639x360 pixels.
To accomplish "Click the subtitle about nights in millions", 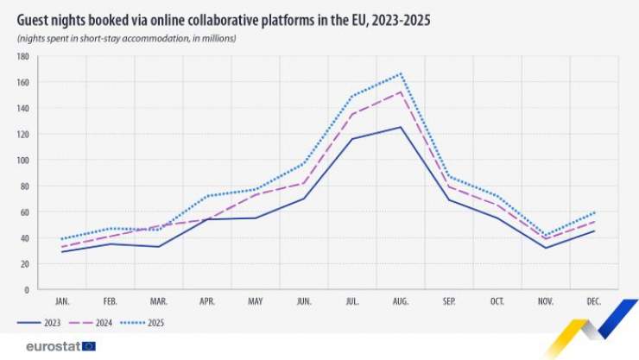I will pos(126,40).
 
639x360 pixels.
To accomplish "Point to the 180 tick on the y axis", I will pos(23,57).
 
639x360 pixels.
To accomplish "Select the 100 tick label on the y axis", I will pos(23,161).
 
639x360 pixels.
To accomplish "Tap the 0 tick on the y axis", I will pos(28,290).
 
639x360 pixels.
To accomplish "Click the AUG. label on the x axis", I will pos(401,302).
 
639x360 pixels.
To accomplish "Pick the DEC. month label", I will pos(594,302).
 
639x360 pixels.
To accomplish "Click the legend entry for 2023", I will pos(41,323).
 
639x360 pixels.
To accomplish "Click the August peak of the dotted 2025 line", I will pos(401,74).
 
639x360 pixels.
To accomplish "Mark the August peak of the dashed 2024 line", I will pos(401,92).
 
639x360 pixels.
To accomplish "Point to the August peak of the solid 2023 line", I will pos(401,127).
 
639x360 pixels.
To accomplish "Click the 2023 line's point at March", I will pos(158,247).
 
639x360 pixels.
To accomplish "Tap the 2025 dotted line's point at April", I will pos(207,196).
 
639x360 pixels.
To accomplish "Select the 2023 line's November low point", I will pos(546,248).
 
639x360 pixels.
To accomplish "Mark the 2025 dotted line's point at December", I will pos(594,212).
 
